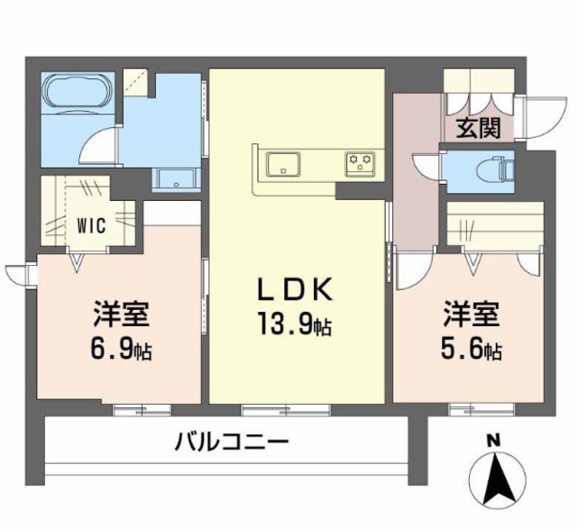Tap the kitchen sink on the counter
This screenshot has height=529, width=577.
click(x=286, y=165)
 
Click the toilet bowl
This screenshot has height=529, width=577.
click(x=497, y=167)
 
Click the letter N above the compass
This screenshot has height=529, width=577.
click(x=493, y=442)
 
